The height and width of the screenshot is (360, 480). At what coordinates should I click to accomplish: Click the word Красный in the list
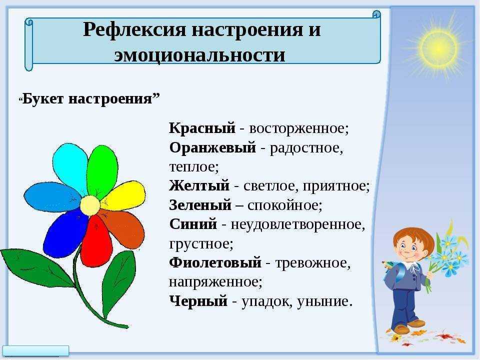(202, 128)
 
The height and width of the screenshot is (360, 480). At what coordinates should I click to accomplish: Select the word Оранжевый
(212, 148)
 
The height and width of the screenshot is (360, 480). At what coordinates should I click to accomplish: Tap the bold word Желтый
(199, 185)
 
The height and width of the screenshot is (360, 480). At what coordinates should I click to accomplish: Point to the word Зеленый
(200, 205)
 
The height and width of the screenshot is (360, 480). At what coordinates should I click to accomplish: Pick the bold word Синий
(193, 224)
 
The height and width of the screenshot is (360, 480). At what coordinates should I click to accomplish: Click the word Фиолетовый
(215, 262)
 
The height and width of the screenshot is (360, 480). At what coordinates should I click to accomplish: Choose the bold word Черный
(198, 301)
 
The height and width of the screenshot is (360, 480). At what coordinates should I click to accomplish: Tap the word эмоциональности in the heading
(199, 55)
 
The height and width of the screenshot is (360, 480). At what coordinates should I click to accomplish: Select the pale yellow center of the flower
(90, 205)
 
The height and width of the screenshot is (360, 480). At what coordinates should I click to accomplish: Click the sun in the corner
(438, 48)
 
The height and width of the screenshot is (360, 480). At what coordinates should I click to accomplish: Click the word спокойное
(285, 205)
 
